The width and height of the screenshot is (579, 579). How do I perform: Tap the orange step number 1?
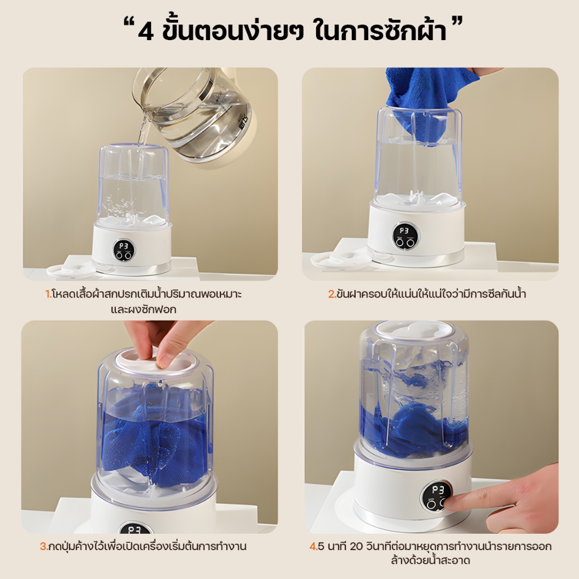tap(48, 294)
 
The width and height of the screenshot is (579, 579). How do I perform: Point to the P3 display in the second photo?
tap(404, 231)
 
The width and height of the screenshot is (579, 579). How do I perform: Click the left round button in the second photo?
tap(400, 242)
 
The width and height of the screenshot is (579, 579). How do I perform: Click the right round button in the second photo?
tap(410, 242)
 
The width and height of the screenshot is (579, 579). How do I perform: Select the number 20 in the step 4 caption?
tap(356, 547)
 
